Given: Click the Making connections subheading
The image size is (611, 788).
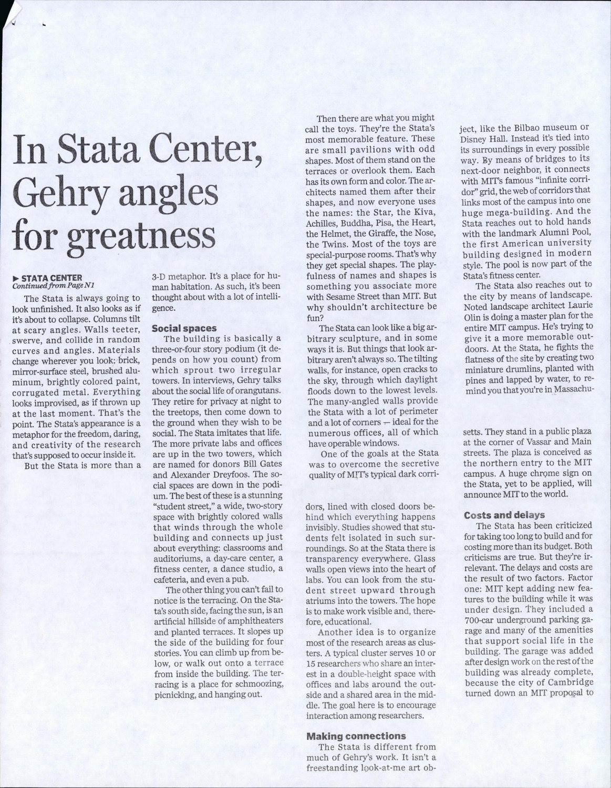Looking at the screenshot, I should point(356,736).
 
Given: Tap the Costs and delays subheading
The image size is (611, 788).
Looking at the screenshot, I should point(504,515).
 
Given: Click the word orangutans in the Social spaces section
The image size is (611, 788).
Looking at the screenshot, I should point(258,391).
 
